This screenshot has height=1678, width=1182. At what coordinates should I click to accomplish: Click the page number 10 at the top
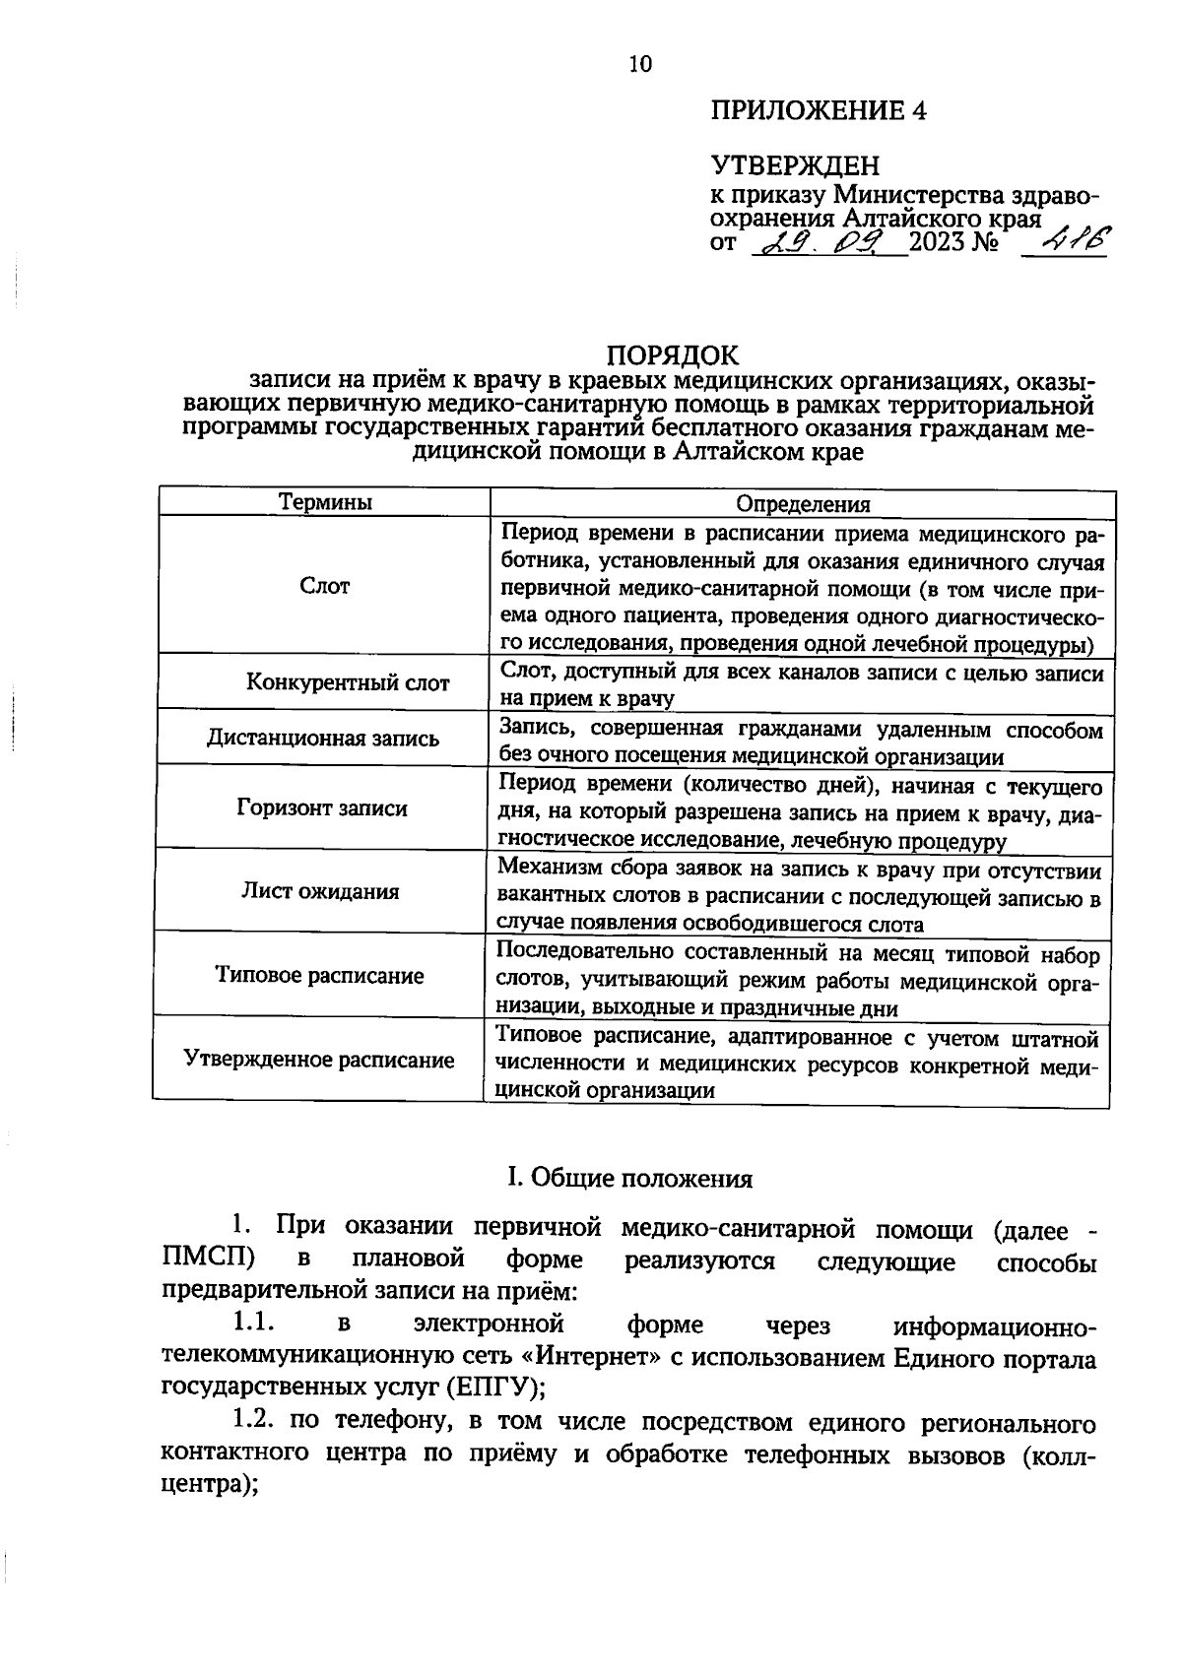pos(639,65)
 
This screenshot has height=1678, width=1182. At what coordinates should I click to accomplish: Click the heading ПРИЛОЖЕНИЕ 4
pos(819,110)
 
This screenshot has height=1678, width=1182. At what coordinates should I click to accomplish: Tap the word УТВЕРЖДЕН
pos(795,164)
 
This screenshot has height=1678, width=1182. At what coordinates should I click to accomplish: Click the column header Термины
pos(325,502)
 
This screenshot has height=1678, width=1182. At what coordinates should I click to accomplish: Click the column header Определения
pos(804,504)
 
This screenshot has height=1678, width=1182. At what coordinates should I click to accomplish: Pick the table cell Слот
pos(324,586)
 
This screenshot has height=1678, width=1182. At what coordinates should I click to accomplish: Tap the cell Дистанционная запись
pos(323,738)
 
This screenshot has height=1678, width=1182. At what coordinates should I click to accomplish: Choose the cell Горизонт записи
pos(322,808)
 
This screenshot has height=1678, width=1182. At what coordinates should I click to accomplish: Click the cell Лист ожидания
pos(321,891)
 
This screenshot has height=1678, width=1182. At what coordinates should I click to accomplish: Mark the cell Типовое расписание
pos(320,975)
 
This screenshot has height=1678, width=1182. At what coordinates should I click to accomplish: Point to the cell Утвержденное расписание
pos(320,1060)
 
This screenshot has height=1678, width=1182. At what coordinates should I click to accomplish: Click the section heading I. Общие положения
pos(629,1179)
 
